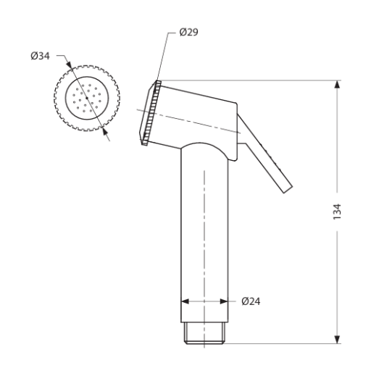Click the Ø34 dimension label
41,57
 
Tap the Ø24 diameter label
250,301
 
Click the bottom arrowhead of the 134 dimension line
337,338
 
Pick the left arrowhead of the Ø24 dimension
185,301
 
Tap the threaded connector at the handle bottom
204,333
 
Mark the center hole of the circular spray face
86,99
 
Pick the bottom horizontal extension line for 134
290,343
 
